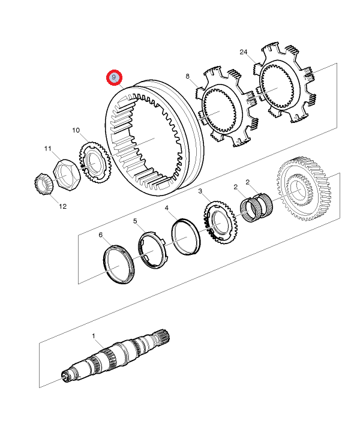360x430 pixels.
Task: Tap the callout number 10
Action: click(76, 130)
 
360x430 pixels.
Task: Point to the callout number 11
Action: click(47, 148)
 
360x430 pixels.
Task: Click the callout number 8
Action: click(188, 77)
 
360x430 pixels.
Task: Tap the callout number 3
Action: click(200, 191)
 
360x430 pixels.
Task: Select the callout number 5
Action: click(136, 221)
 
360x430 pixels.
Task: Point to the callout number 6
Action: click(101, 234)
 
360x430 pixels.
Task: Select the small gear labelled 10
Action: click(95, 161)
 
